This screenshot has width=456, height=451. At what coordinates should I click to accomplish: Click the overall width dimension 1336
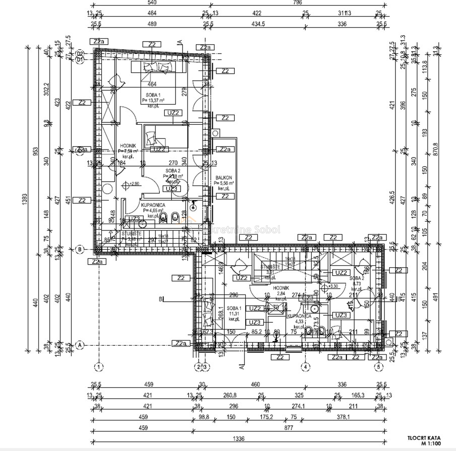[239, 439]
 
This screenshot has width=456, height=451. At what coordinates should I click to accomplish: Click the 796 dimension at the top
[297, 3]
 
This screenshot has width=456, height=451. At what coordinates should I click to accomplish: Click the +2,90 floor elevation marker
[133, 184]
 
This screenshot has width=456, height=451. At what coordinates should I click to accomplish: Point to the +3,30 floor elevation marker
[333, 286]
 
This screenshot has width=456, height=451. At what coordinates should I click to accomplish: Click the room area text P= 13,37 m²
[153, 101]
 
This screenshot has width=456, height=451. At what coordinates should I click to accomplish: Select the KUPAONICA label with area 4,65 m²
[154, 205]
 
